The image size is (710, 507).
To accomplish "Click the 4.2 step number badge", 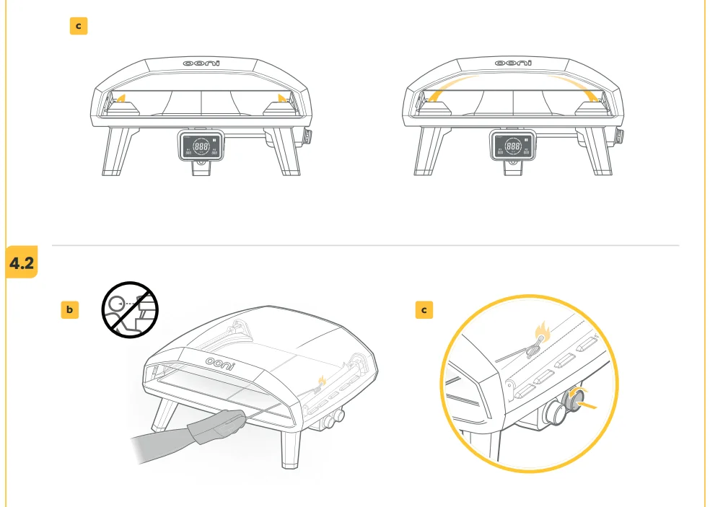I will tap(22, 264).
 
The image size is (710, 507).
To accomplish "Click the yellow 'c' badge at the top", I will tap(78, 26).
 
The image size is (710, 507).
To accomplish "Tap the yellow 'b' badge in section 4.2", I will tap(69, 310).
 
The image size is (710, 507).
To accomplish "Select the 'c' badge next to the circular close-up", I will tap(424, 310).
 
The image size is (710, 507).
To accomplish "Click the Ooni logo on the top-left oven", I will tap(201, 63).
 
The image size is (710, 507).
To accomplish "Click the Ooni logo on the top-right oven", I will tap(513, 63).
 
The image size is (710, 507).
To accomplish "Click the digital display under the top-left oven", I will tap(201, 146).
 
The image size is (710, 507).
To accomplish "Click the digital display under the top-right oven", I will tap(513, 146).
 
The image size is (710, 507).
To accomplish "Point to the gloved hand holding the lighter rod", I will tap(216, 425).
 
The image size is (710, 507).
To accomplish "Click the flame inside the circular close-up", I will tap(541, 333).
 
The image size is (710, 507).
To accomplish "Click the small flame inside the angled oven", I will tap(323, 379).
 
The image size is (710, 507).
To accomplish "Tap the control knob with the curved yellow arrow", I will tap(578, 400).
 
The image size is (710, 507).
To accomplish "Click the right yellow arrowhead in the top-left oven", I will tap(281, 97).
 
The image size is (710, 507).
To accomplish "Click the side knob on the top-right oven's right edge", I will tap(618, 136).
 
